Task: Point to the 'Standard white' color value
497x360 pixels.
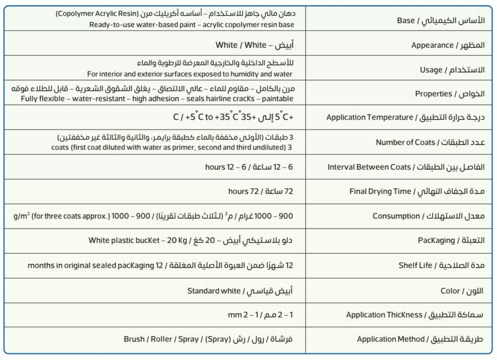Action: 214,291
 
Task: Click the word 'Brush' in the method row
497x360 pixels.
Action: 134,339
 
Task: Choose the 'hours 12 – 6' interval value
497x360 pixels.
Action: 223,167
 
